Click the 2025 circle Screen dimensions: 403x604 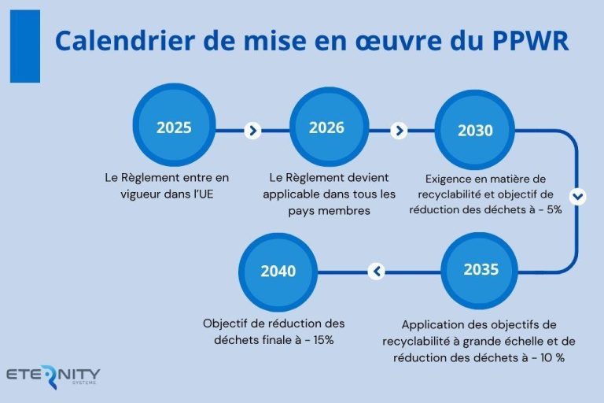coord(174,128)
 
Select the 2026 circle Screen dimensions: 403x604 coord(326,128)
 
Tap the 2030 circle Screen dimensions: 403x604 coord(475,130)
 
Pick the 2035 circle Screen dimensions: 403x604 coord(481,270)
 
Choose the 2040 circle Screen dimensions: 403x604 coord(278,271)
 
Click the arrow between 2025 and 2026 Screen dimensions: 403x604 coord(252,131)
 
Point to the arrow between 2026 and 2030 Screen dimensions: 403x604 coord(399,131)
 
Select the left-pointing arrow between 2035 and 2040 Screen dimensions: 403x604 coord(377,272)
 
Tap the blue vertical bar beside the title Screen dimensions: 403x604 coord(24,46)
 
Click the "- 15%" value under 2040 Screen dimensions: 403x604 coord(318,340)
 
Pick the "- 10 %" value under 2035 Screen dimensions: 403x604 coord(547,357)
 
